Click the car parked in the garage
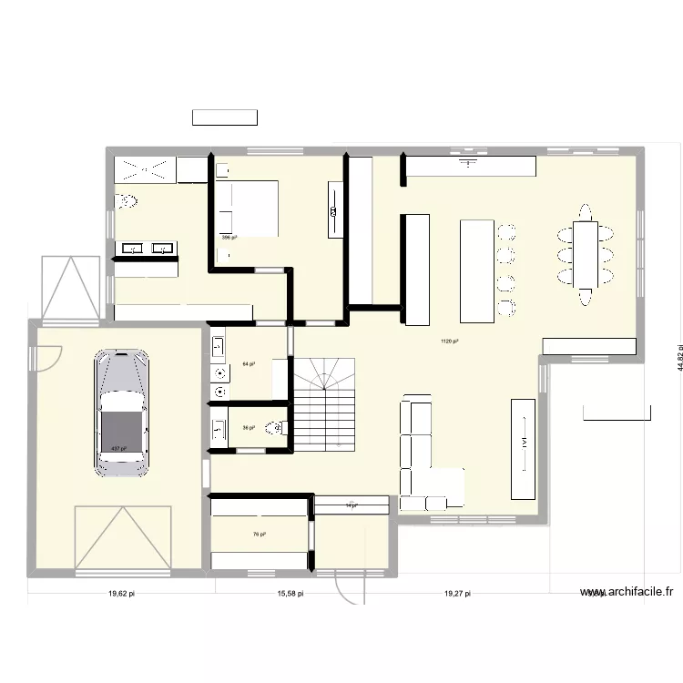point(121,412)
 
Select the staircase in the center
point(323,404)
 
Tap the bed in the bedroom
point(247,209)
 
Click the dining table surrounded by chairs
point(586,253)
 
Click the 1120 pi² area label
point(449,341)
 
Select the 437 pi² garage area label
point(118,449)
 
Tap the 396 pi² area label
point(229,238)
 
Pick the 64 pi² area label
point(248,364)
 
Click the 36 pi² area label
point(248,427)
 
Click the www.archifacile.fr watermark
point(627,591)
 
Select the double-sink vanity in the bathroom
point(146,248)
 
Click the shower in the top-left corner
point(144,169)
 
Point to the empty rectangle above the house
point(224,117)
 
